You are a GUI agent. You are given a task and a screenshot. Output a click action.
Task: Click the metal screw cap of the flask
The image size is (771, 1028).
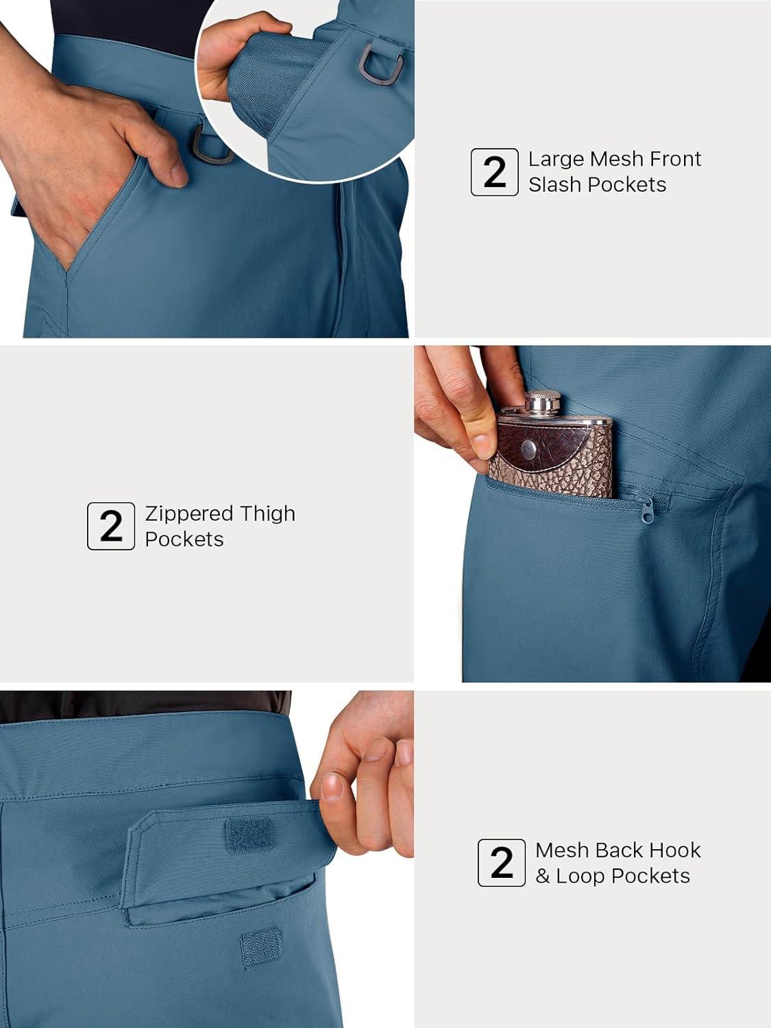[x=543, y=403]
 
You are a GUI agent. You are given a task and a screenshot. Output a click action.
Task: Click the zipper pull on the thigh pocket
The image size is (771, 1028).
[x=648, y=512]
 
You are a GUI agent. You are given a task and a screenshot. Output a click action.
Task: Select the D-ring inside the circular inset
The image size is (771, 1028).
[x=380, y=63]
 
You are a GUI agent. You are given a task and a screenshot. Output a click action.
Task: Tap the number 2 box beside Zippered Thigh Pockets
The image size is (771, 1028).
[x=111, y=526]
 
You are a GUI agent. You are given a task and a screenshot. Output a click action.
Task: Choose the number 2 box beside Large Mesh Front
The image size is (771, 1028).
[x=494, y=172]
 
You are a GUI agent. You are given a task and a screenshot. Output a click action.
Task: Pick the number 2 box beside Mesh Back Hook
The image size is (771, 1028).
[x=502, y=863]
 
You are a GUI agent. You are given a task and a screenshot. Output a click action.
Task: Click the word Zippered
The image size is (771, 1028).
[x=188, y=515]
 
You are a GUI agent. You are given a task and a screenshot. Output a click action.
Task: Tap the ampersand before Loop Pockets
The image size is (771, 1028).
[x=543, y=876]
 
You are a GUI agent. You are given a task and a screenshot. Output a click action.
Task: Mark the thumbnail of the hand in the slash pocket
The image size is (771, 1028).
[x=180, y=174]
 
